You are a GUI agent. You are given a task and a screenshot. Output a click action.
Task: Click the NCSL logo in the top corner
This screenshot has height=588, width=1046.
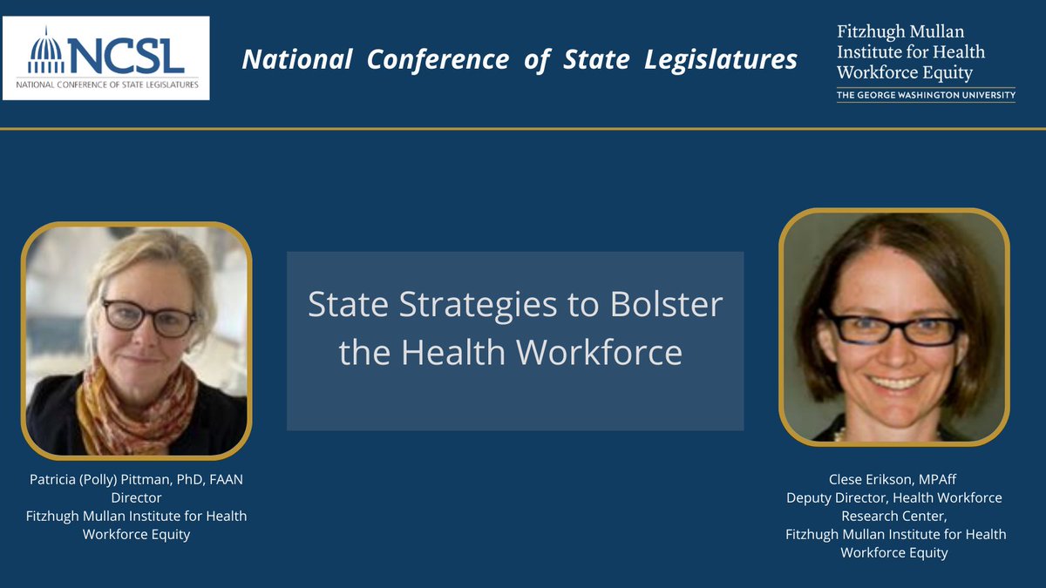click(x=105, y=57)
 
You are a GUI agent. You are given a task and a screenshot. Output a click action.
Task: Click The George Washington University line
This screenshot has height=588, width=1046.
click(x=926, y=95)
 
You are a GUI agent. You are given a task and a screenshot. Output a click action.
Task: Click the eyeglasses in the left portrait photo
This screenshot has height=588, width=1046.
click(x=149, y=317)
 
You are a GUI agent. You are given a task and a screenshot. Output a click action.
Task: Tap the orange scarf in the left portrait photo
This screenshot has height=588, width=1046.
click(x=131, y=401)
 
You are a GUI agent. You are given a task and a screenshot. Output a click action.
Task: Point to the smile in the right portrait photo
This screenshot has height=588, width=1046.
click(x=894, y=381)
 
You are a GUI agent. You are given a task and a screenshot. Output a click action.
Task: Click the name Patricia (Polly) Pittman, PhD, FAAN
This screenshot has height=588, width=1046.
click(x=136, y=479)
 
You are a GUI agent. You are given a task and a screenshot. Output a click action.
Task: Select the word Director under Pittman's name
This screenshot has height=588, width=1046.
click(x=136, y=497)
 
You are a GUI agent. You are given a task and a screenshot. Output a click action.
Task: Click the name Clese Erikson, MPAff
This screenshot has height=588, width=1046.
click(x=895, y=479)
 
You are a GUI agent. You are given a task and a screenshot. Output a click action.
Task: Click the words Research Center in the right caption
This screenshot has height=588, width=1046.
click(x=895, y=516)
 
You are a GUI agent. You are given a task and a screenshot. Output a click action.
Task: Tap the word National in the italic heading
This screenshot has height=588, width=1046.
click(x=296, y=60)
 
